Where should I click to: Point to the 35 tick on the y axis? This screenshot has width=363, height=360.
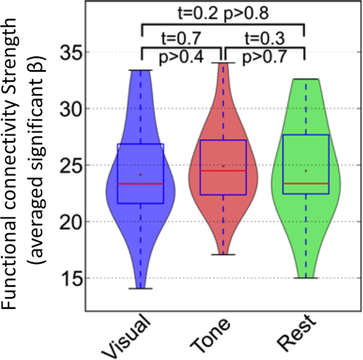point(70,52)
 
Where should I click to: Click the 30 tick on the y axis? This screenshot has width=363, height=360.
point(70,108)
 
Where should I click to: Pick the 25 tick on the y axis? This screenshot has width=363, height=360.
point(70,165)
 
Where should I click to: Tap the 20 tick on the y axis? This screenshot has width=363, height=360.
point(70,221)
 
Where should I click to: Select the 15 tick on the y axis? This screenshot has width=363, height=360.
point(70,278)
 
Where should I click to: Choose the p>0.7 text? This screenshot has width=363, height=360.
point(264,57)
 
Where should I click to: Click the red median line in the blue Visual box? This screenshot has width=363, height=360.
point(140,184)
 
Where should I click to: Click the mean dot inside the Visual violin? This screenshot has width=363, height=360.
point(140,174)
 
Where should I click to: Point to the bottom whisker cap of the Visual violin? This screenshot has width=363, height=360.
point(140,288)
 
